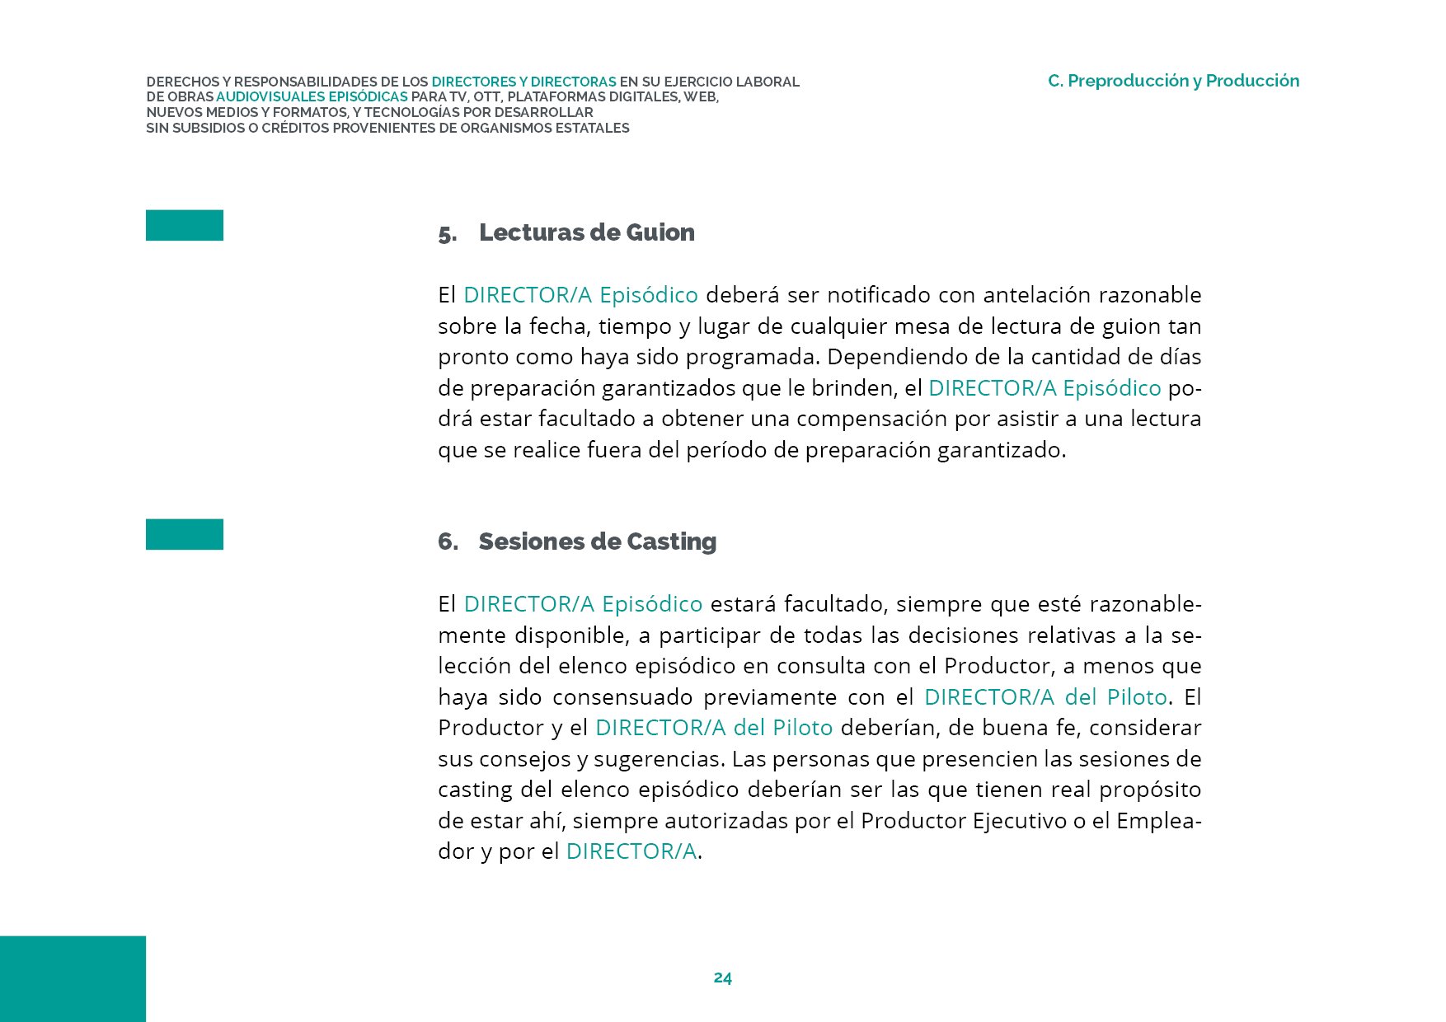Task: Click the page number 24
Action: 722,977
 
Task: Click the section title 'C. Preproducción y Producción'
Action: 1173,81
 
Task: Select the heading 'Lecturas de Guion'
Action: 586,232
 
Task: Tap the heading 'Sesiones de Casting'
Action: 597,541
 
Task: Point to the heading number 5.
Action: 447,234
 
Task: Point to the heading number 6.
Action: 448,541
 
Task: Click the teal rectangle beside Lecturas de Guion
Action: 185,225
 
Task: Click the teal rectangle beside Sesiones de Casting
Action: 185,534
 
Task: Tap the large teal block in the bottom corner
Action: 73,978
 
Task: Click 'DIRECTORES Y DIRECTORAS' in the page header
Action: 523,82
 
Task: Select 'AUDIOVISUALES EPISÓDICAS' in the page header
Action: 312,97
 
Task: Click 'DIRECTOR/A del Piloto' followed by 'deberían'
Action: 713,728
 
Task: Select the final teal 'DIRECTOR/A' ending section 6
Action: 631,851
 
